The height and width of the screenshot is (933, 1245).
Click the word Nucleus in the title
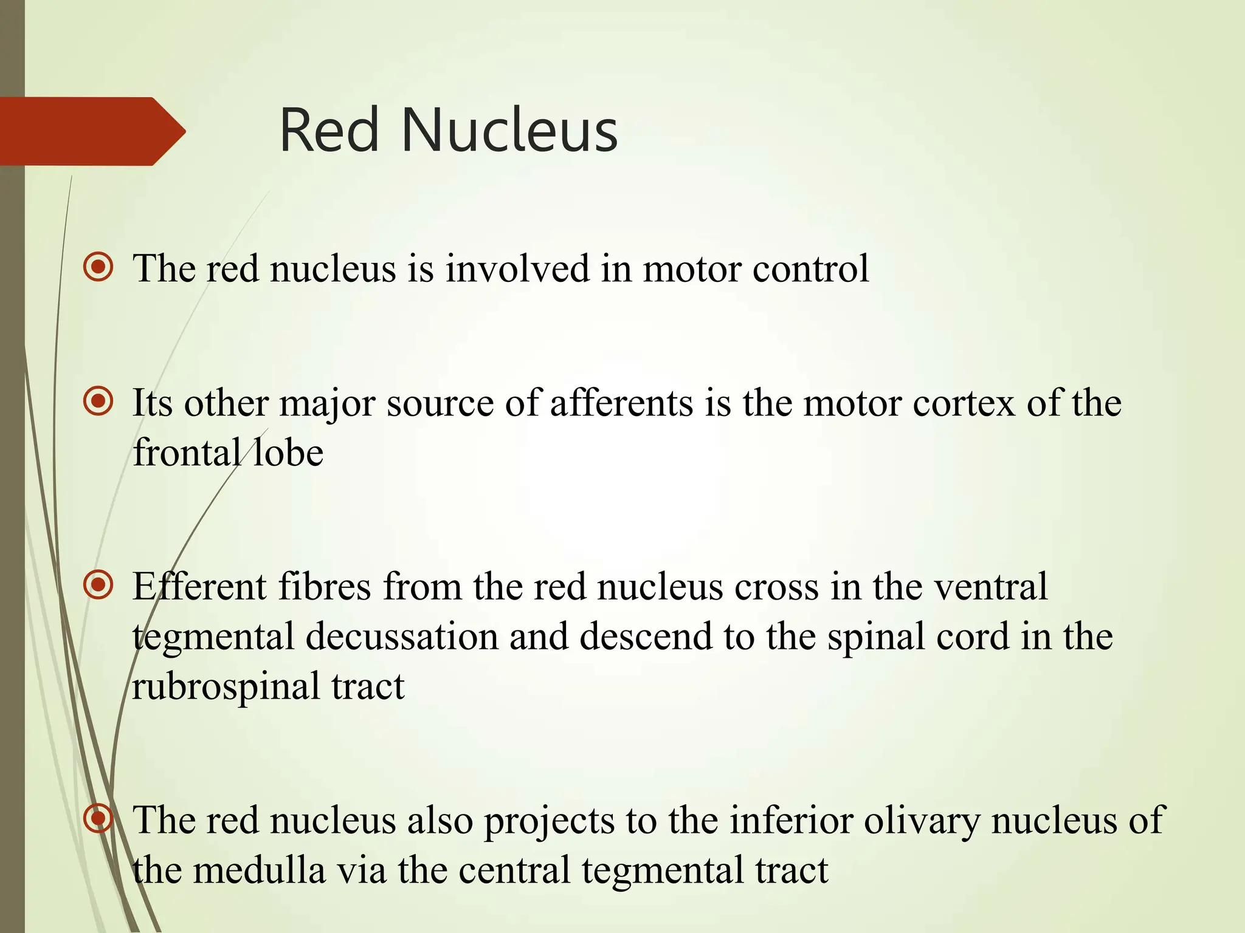pyautogui.click(x=509, y=131)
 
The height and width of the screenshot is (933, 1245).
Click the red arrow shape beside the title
pyautogui.click(x=91, y=131)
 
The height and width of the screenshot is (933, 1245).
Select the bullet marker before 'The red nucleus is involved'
pyautogui.click(x=98, y=267)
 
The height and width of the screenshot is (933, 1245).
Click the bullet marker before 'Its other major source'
pyautogui.click(x=98, y=402)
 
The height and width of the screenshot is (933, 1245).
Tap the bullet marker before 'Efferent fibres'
pyautogui.click(x=98, y=586)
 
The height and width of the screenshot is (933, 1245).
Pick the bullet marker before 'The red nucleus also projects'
pyautogui.click(x=98, y=819)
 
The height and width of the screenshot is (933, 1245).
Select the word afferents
pyautogui.click(x=622, y=403)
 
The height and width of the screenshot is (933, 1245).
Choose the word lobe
pyautogui.click(x=288, y=453)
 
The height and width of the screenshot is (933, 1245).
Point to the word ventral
pyautogui.click(x=990, y=587)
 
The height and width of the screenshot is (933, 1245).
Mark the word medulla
pyautogui.click(x=260, y=870)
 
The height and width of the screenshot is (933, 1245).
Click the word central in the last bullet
pyautogui.click(x=514, y=870)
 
